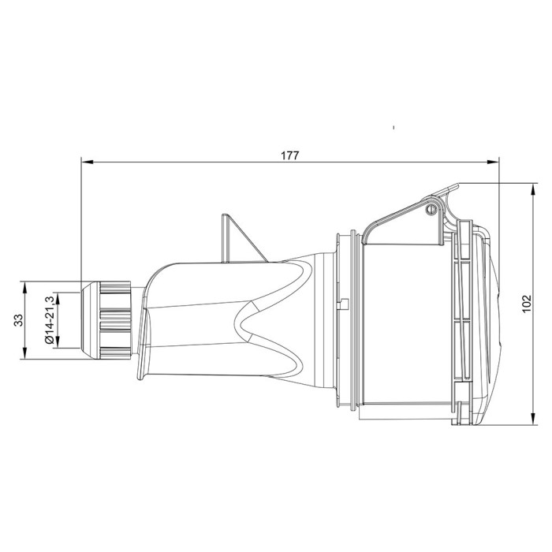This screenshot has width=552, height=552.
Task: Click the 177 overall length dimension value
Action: (289, 155)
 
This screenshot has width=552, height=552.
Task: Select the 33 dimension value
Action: (18, 321)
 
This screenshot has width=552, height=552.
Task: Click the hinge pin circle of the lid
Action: (431, 210)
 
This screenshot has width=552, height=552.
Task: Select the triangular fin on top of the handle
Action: (237, 237)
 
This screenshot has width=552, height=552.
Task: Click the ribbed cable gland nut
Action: (111, 319)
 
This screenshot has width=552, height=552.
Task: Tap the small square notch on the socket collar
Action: (346, 305)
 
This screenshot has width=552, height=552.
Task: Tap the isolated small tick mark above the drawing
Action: (393, 127)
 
